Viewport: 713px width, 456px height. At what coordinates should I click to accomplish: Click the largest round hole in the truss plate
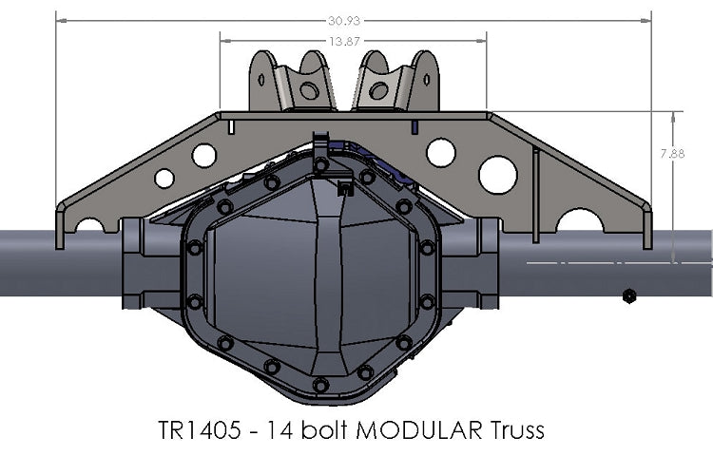click(497, 174)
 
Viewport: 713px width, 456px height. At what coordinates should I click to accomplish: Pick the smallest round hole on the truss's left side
click(164, 178)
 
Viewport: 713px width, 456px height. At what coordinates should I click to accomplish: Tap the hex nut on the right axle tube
click(628, 295)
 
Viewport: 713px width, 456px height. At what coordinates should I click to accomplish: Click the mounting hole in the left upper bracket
click(308, 91)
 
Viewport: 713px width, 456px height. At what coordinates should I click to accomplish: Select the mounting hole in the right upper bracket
click(379, 91)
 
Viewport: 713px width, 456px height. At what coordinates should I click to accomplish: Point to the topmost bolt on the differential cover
click(321, 164)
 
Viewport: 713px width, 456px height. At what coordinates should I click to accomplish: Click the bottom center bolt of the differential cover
click(320, 385)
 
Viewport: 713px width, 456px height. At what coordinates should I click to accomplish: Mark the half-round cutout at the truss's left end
click(90, 226)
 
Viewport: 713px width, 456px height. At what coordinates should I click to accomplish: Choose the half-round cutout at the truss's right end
click(579, 222)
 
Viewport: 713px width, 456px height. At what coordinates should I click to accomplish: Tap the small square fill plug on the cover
click(344, 188)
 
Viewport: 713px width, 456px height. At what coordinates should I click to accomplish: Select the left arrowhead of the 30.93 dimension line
click(59, 18)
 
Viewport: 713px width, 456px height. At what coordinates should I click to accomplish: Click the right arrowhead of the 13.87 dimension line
click(484, 41)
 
